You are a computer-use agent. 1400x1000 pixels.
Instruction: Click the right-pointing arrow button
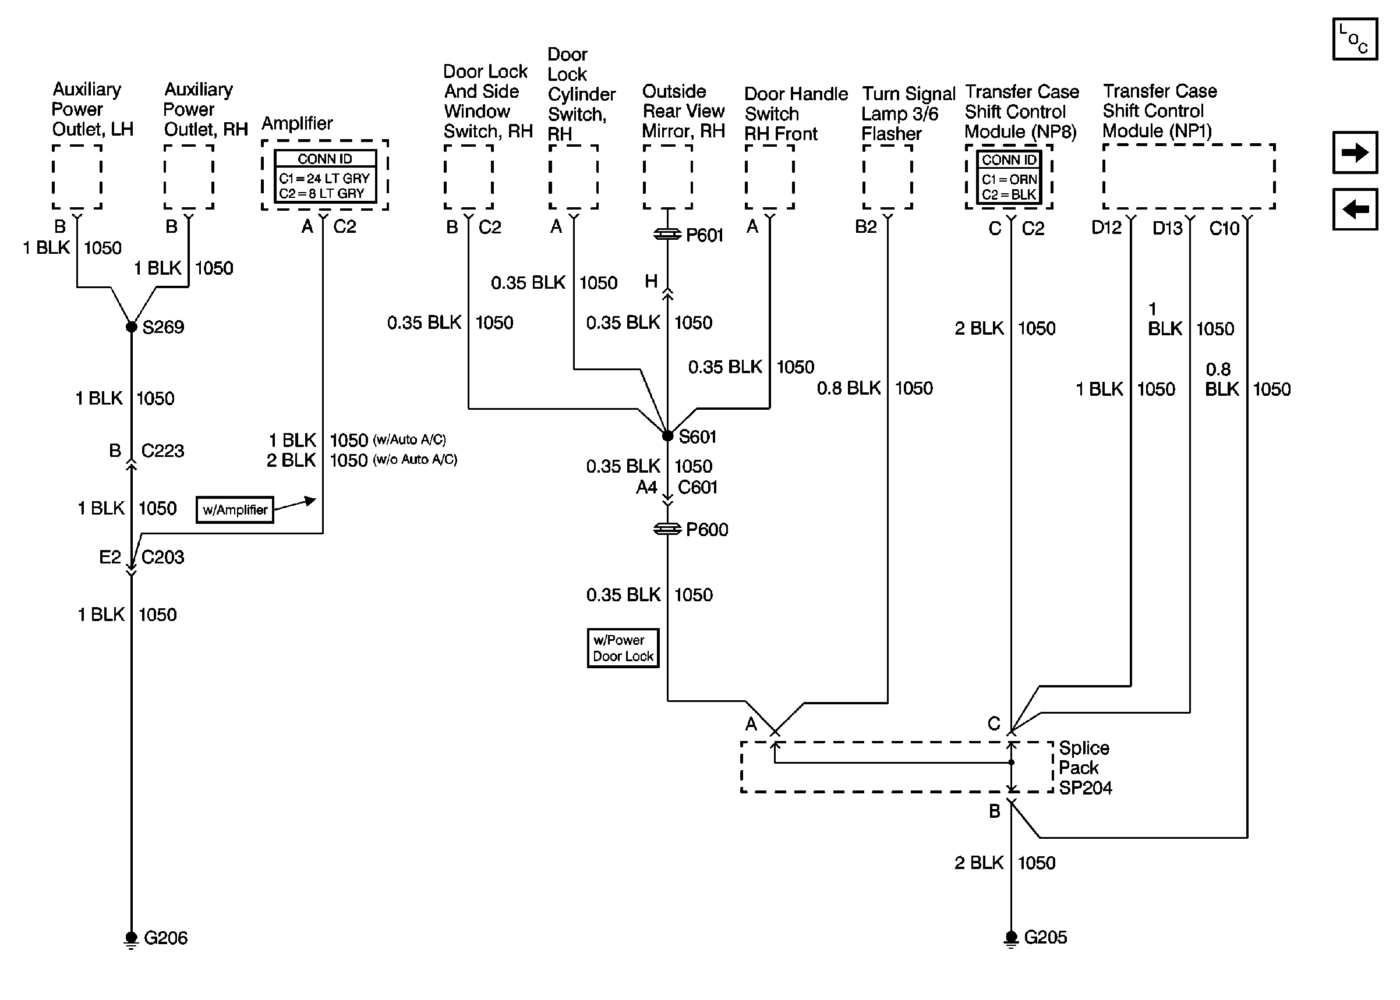pos(1355,152)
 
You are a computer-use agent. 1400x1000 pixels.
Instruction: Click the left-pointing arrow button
pos(1355,209)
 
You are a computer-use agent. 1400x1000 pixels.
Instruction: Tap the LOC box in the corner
pos(1355,39)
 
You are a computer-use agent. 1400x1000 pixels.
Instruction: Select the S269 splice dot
pos(131,327)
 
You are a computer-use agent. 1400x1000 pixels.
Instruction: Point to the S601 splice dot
pos(667,436)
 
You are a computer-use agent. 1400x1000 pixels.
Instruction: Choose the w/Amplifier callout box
pos(235,510)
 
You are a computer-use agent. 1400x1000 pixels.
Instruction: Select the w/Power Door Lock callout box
pos(623,648)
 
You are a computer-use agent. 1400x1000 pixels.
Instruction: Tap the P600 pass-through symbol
pos(667,529)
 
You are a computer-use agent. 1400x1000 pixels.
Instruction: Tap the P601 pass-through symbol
pos(667,235)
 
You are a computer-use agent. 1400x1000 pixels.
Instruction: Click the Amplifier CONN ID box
pos(324,176)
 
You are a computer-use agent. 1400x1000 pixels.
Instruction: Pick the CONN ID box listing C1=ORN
pos(1009,178)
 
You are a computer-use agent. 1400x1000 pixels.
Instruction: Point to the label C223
pos(162,451)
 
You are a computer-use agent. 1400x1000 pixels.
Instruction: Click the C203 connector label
pos(162,557)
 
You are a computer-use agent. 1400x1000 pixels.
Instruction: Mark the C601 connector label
pos(698,488)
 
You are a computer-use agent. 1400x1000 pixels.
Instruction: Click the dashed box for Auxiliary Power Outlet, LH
pos(77,178)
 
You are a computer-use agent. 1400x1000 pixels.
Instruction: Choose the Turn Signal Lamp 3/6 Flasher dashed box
pos(888,178)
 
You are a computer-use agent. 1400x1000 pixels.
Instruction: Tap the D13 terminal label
pos(1167,228)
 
